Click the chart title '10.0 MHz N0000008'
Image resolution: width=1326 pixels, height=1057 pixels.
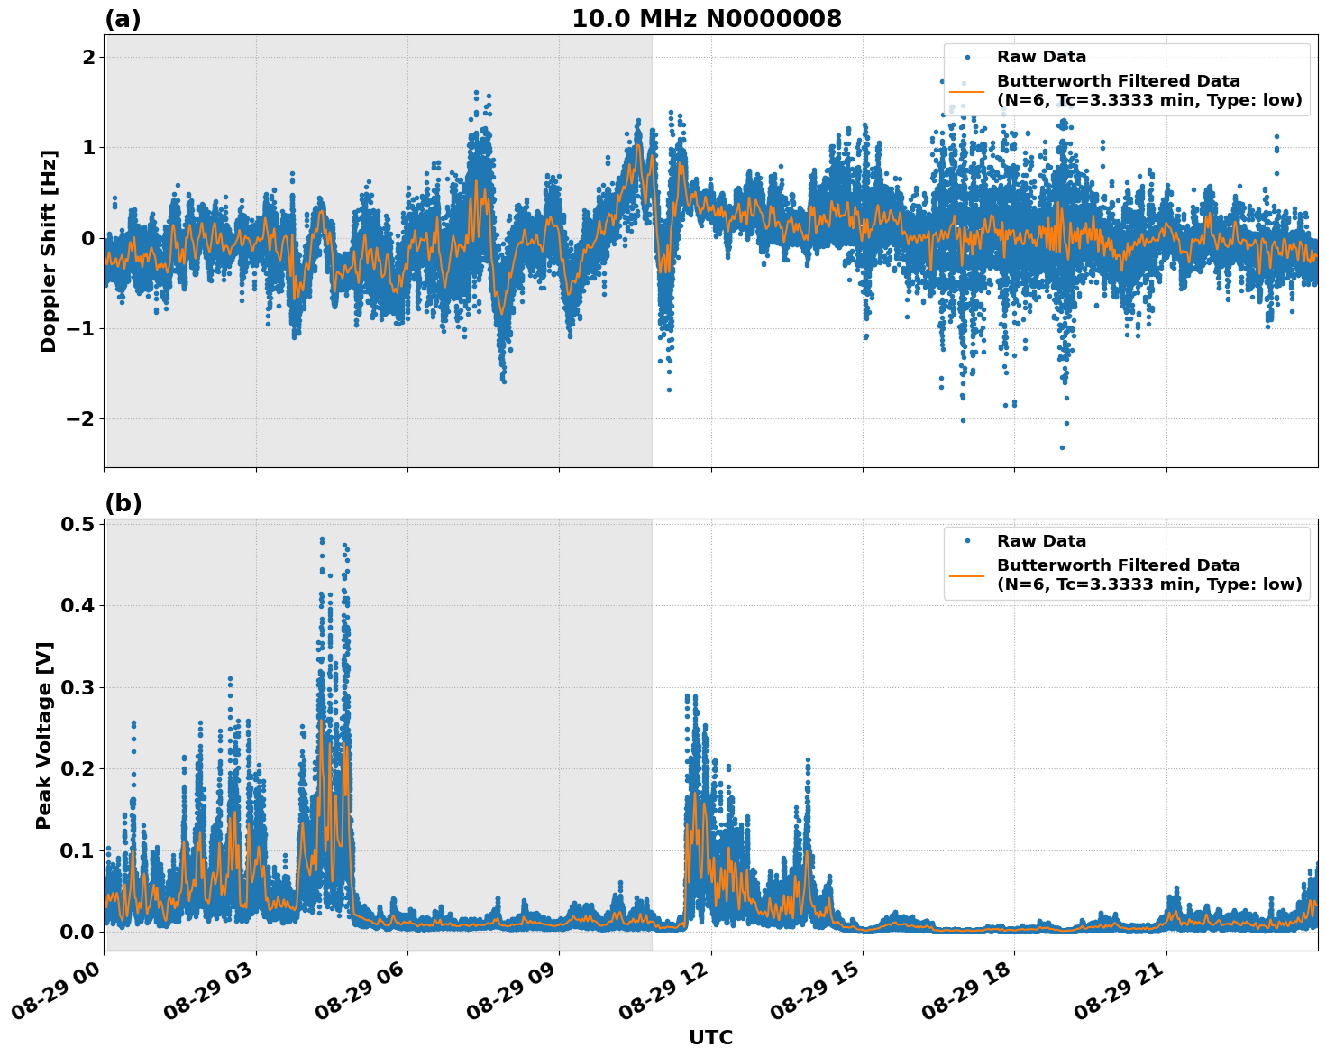[707, 19]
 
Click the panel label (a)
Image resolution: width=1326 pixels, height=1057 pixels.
[123, 19]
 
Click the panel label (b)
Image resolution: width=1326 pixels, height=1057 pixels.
[123, 503]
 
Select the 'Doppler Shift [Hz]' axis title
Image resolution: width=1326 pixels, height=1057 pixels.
[49, 251]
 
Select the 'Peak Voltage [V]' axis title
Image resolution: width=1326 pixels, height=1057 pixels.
[44, 735]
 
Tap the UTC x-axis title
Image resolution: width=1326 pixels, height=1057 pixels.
[710, 1037]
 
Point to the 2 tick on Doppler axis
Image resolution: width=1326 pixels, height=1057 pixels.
[88, 58]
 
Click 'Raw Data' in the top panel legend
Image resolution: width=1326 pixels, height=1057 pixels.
[1041, 58]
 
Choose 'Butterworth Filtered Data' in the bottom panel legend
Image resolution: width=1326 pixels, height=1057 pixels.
[1118, 565]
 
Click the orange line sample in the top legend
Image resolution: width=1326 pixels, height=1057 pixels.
[967, 90]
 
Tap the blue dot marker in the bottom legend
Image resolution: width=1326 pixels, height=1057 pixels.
[967, 541]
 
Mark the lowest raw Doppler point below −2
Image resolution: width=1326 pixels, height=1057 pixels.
[1062, 447]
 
